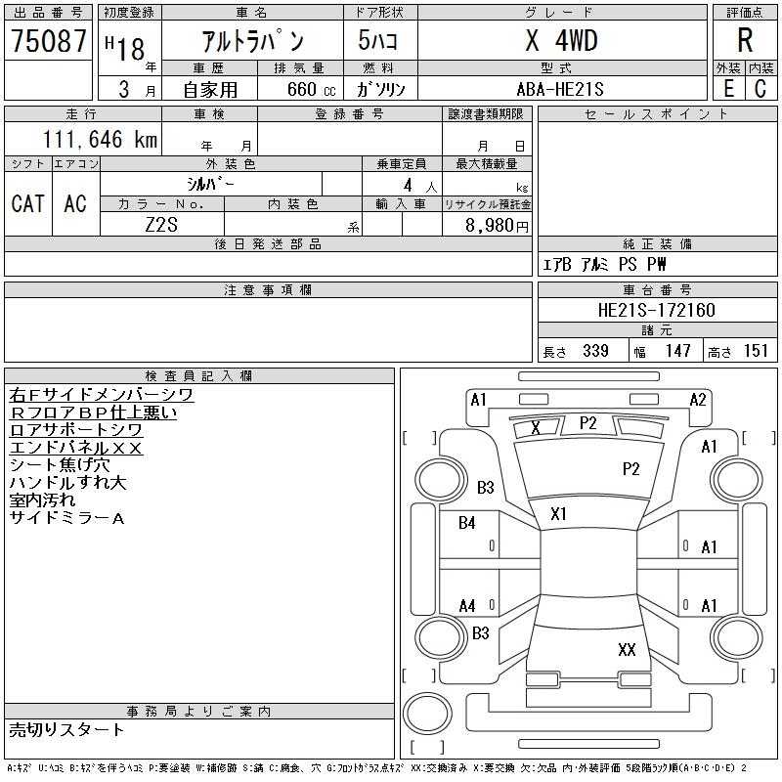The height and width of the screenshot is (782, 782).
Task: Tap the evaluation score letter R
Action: [745, 40]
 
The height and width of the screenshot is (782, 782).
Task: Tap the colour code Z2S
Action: [161, 226]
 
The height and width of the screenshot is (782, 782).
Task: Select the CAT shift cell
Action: [27, 203]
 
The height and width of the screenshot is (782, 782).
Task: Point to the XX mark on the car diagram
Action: [627, 649]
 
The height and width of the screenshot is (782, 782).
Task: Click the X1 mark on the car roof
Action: [559, 513]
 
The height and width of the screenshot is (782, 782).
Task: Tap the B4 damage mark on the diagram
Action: [467, 523]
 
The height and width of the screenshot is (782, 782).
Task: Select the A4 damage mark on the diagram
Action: [467, 606]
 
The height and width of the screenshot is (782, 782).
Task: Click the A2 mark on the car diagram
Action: [698, 400]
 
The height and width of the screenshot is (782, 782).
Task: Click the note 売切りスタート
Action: [67, 729]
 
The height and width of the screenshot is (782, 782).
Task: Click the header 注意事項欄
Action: [268, 290]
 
